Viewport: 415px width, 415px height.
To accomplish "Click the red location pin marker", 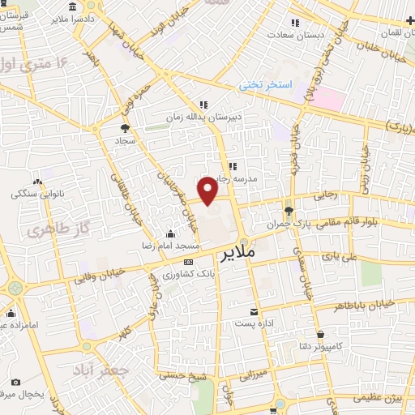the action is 208,190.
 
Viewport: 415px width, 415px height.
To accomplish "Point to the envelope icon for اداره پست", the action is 255,312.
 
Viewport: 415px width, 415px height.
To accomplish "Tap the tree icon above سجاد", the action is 124,128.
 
